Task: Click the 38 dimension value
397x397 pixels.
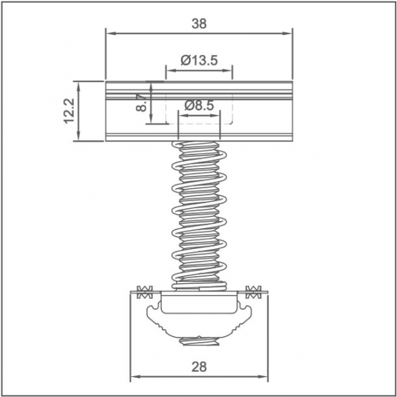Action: coord(199,24)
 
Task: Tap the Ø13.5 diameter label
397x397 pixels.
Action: coord(199,61)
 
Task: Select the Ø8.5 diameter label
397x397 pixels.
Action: coord(200,105)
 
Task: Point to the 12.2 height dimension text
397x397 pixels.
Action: coord(69,111)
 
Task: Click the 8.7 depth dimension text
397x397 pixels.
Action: coord(142,103)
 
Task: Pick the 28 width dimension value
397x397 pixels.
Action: coord(199,367)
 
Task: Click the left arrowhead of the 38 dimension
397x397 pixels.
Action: coord(111,33)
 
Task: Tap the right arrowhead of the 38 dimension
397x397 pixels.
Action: coord(288,33)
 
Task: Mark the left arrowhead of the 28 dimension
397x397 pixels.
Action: coord(135,377)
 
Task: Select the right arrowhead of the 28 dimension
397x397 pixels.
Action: coord(263,377)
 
